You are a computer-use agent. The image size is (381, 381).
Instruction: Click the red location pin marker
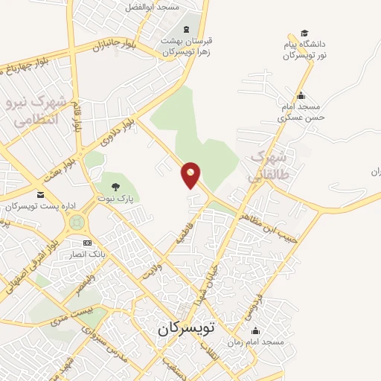coord(191,174)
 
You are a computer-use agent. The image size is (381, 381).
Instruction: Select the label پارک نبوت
coord(117,199)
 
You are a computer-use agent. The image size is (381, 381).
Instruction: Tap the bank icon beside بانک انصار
coord(87,243)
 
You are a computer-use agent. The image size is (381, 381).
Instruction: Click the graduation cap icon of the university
coord(304,33)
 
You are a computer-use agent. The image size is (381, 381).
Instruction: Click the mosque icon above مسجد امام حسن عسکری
coord(301,95)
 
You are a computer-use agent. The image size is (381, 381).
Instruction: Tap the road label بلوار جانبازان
coord(111,45)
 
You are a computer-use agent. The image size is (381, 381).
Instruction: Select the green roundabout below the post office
coord(76,221)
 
